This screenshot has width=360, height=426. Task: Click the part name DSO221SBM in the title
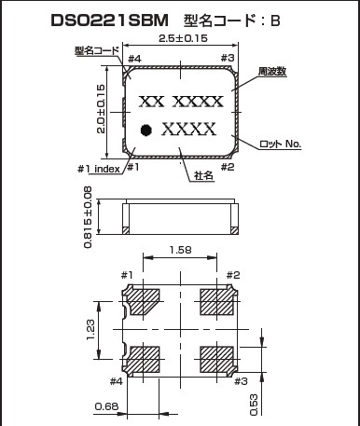[x=109, y=21]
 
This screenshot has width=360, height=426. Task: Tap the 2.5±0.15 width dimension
[x=183, y=38]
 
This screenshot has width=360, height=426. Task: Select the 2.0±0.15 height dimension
[x=101, y=109]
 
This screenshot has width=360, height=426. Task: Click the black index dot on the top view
[x=145, y=130]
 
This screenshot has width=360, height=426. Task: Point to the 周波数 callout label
[x=272, y=72]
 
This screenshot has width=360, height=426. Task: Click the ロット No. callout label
[x=280, y=144]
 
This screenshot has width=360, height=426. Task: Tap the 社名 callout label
[x=203, y=175]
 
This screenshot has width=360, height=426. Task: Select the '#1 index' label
[x=99, y=169]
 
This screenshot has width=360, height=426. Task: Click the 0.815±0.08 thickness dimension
[x=88, y=217]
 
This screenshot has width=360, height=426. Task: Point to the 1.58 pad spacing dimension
[x=180, y=250]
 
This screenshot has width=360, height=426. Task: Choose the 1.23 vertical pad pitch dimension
[x=90, y=330]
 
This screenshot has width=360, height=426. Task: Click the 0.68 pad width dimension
[x=106, y=406]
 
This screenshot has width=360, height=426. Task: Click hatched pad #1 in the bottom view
[x=144, y=302]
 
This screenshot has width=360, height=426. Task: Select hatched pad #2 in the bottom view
[x=216, y=302]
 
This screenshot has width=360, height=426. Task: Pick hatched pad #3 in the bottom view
[x=216, y=359]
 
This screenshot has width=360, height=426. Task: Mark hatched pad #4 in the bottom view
[x=144, y=359]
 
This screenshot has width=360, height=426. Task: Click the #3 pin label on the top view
[x=228, y=58]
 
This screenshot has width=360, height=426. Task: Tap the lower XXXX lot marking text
[x=188, y=130]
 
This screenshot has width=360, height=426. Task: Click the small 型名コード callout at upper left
[x=97, y=50]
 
